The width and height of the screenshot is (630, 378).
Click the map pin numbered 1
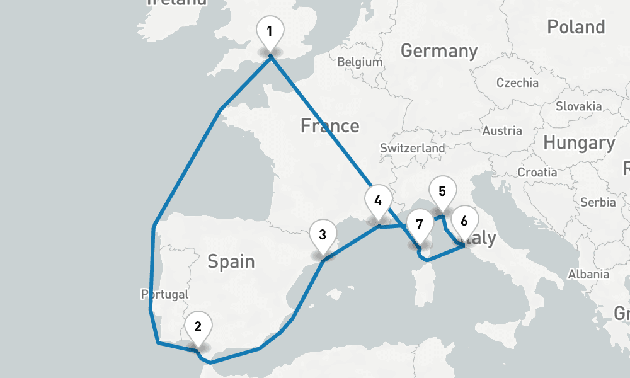pyautogui.click(x=270, y=31)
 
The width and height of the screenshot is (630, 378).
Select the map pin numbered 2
pyautogui.click(x=198, y=327)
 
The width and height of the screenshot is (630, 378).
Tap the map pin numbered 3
pyautogui.click(x=322, y=236)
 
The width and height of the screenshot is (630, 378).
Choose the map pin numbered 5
pyautogui.click(x=442, y=192)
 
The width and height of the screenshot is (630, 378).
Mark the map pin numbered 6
pyautogui.click(x=464, y=222)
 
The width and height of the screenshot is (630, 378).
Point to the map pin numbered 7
pyautogui.click(x=420, y=223)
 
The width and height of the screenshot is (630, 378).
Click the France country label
pyautogui.click(x=329, y=126)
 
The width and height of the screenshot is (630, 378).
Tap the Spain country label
pyautogui.click(x=231, y=261)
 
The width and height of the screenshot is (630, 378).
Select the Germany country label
pyautogui.click(x=438, y=50)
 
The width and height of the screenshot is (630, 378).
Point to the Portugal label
pyautogui.click(x=165, y=294)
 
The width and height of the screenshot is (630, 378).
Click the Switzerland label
pyautogui.click(x=412, y=148)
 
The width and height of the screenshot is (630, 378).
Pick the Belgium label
pyautogui.click(x=360, y=62)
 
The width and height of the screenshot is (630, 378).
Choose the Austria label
pyautogui.click(x=501, y=131)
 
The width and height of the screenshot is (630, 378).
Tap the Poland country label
pyautogui.click(x=576, y=27)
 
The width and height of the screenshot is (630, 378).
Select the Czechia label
pyautogui.click(x=517, y=83)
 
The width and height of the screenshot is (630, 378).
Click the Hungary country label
pyautogui.click(x=578, y=144)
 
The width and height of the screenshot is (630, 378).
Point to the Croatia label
pyautogui.click(x=537, y=172)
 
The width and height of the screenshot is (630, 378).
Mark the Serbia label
pyautogui.click(x=598, y=202)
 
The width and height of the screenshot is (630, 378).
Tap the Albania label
pyautogui.click(x=588, y=274)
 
